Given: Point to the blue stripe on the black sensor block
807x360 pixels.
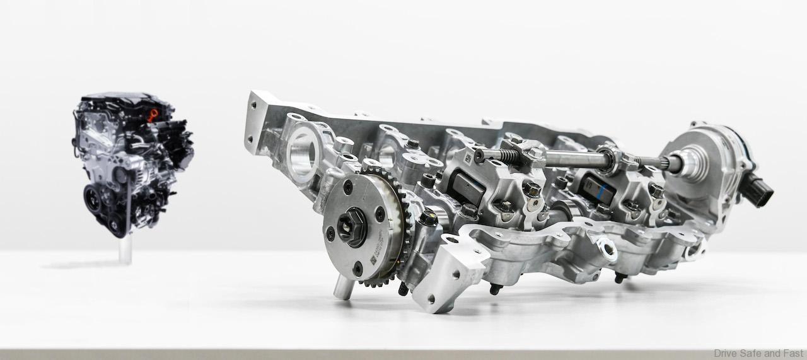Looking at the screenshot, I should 606,187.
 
